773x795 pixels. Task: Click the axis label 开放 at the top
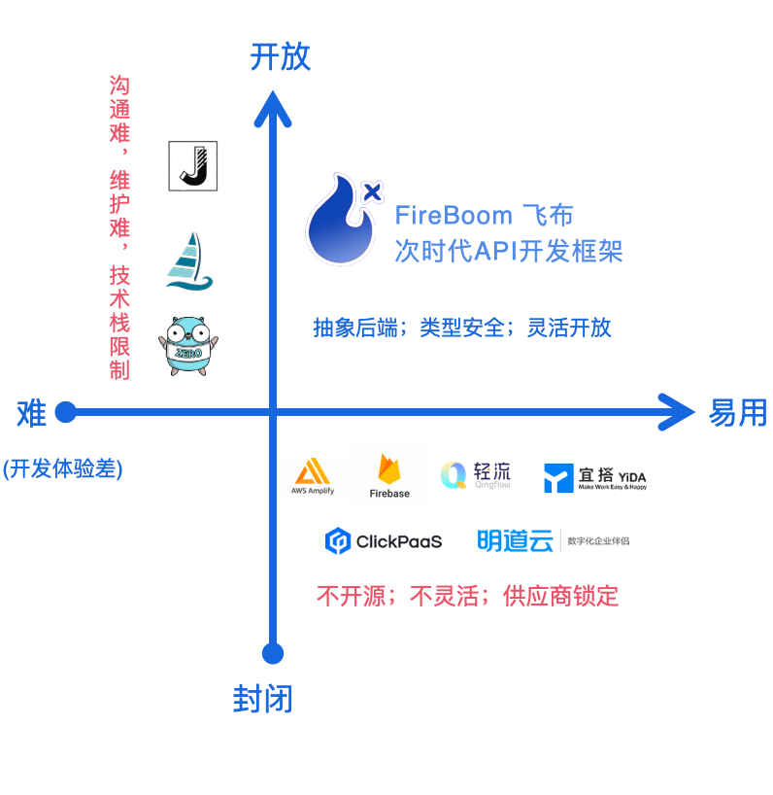click(x=280, y=56)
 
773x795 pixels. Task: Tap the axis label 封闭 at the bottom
click(x=262, y=699)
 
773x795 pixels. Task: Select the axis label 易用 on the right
click(x=737, y=413)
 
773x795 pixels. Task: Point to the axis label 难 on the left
click(x=31, y=413)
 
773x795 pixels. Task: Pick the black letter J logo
click(x=193, y=166)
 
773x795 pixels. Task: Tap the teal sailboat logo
click(x=188, y=261)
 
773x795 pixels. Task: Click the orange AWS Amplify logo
click(x=313, y=476)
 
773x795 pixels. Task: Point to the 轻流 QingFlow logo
click(x=475, y=474)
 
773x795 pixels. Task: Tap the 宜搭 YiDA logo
click(x=594, y=477)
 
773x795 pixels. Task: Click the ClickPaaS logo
click(x=384, y=541)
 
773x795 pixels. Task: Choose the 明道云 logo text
click(x=515, y=540)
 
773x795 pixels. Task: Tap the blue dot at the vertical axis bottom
click(x=273, y=653)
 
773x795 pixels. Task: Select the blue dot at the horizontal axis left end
click(x=65, y=413)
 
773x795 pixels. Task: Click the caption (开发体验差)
click(x=62, y=468)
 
